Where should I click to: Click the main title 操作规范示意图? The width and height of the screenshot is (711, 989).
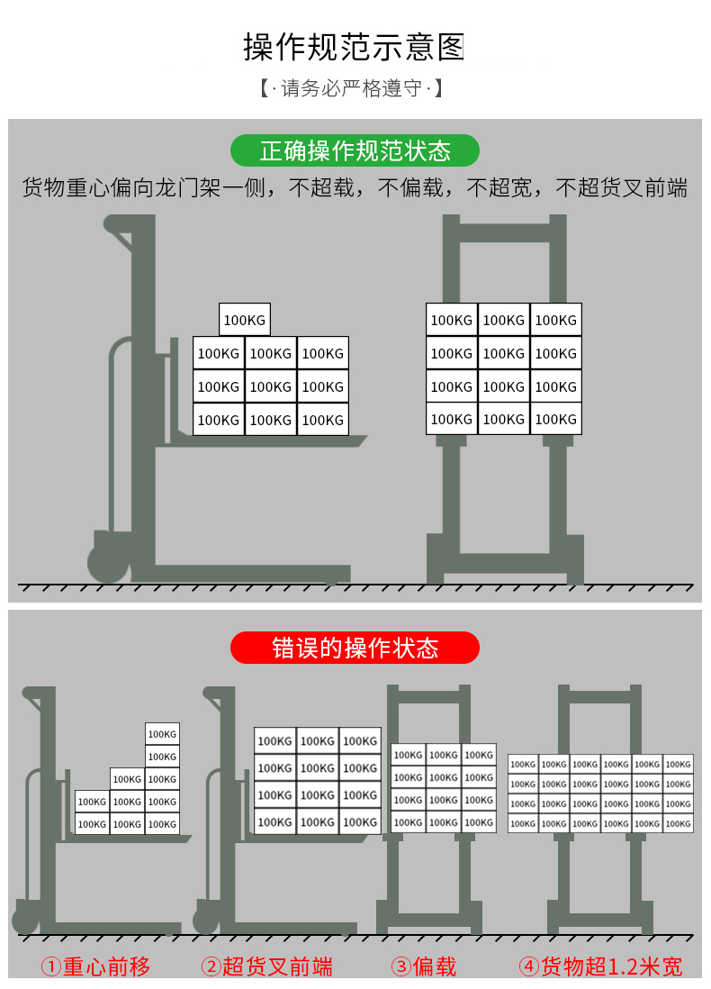354,47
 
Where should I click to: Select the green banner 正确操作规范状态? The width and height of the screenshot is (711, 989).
355,150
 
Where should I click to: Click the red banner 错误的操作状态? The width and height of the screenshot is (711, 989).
355,648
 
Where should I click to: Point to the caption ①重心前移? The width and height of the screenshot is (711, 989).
96,967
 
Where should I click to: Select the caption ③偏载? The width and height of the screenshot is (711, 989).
424,967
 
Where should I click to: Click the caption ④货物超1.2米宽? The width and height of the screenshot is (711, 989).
600,967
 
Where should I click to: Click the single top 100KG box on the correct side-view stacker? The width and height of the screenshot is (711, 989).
245,320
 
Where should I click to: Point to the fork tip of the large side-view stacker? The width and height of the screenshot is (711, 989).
360,440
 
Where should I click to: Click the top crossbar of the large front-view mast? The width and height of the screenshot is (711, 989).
504,232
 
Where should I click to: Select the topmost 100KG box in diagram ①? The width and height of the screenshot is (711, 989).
162,734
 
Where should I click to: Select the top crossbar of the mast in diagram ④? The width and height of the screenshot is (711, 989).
599,696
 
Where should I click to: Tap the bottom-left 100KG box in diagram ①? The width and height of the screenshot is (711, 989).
92,823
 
